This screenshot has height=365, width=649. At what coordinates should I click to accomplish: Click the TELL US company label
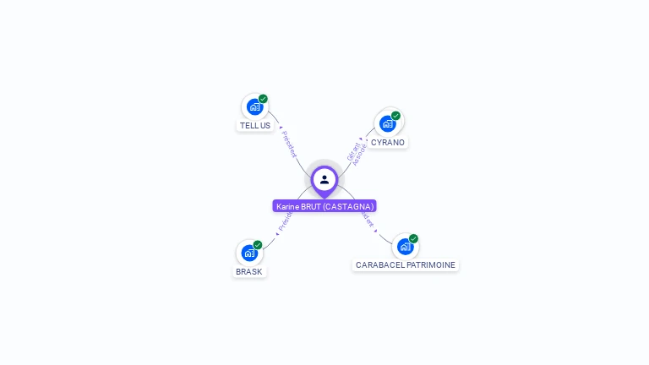click(255, 126)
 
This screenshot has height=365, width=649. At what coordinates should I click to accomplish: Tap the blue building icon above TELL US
click(254, 107)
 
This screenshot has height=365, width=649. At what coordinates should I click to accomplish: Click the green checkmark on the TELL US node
click(263, 99)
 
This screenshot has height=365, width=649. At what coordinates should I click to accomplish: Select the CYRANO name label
click(388, 143)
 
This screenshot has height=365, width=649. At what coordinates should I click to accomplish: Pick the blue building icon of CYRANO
click(387, 124)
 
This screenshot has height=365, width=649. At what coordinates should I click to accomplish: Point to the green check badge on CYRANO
click(395, 116)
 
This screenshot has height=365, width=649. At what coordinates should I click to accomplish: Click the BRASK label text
click(249, 272)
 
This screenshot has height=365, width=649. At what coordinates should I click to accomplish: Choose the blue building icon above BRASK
click(249, 253)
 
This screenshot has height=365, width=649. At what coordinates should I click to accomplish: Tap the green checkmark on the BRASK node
click(258, 245)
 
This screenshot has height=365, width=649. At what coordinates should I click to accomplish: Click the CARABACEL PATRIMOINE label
click(406, 265)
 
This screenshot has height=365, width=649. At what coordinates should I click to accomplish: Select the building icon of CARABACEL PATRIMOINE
click(405, 247)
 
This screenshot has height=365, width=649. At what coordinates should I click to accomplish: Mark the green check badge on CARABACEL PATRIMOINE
click(413, 238)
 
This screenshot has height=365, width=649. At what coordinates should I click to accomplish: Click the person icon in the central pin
click(324, 179)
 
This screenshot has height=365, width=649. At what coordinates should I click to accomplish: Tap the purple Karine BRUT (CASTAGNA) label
click(324, 206)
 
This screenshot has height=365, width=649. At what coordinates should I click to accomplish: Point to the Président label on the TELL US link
click(288, 144)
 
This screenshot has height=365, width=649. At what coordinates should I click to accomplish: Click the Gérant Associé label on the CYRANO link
click(357, 152)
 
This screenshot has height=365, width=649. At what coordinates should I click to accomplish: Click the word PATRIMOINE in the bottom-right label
click(431, 265)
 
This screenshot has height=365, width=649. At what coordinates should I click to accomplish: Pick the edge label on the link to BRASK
click(284, 222)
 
